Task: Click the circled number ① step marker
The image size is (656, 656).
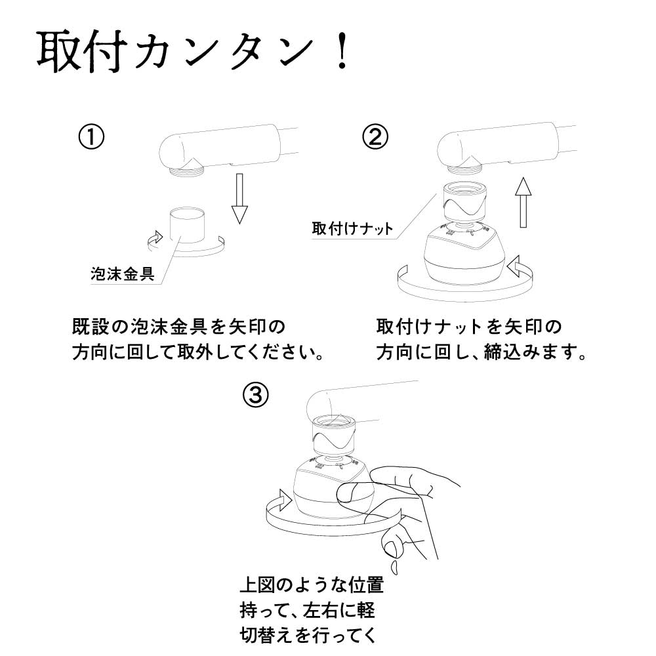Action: (x=91, y=138)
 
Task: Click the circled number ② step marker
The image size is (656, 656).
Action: (x=375, y=138)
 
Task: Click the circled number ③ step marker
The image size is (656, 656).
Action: (x=255, y=394)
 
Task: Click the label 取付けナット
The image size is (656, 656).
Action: (x=353, y=228)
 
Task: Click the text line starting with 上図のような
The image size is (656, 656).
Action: (x=312, y=584)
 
